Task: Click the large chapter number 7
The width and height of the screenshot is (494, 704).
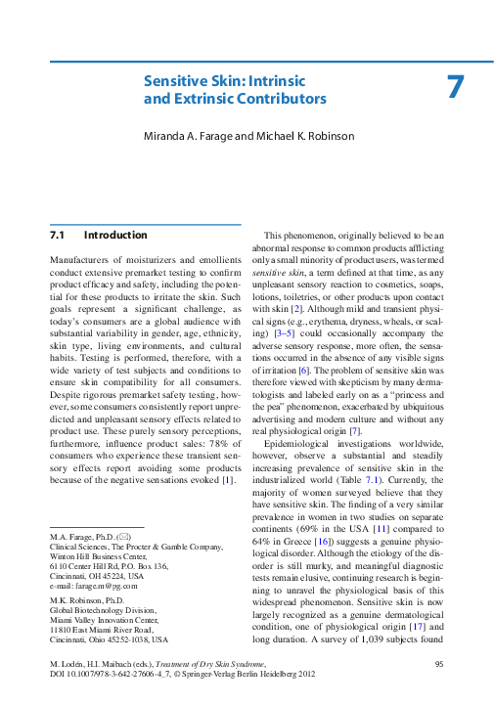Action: click(454, 87)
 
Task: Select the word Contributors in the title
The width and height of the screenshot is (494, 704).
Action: click(283, 99)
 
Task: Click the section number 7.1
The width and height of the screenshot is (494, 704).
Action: click(57, 236)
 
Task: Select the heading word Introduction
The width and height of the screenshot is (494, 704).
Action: click(115, 236)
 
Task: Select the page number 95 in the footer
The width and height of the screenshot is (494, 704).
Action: click(438, 664)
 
